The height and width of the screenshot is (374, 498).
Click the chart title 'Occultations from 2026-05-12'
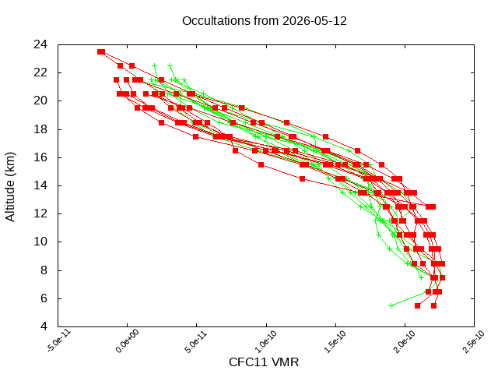(265, 21)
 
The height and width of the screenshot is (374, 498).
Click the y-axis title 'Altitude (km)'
(10, 187)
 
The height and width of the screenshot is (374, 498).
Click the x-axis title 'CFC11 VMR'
(264, 362)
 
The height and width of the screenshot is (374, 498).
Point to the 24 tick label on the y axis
(40, 44)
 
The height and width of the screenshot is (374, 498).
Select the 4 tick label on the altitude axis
(44, 326)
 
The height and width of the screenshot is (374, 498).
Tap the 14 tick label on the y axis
(40, 185)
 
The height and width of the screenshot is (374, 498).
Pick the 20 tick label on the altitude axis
(40, 101)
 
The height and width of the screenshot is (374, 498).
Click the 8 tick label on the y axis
(44, 270)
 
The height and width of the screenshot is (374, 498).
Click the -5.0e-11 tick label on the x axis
(59, 340)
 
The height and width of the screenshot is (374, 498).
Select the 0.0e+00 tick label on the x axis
(127, 341)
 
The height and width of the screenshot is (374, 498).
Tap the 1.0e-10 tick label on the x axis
(267, 341)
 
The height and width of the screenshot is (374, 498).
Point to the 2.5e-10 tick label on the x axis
(473, 341)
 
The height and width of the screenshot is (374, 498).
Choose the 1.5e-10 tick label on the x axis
(335, 341)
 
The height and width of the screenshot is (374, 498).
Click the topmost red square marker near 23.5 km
(101, 52)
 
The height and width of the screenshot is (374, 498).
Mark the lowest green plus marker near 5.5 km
(391, 305)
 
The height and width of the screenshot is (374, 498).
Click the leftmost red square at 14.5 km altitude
(303, 178)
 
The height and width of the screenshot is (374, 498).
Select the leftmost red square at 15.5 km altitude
(261, 164)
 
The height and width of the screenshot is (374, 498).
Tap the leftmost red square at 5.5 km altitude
(417, 305)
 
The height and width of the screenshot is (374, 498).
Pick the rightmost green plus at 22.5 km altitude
(170, 65)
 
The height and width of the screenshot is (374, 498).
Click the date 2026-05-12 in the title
(314, 21)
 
